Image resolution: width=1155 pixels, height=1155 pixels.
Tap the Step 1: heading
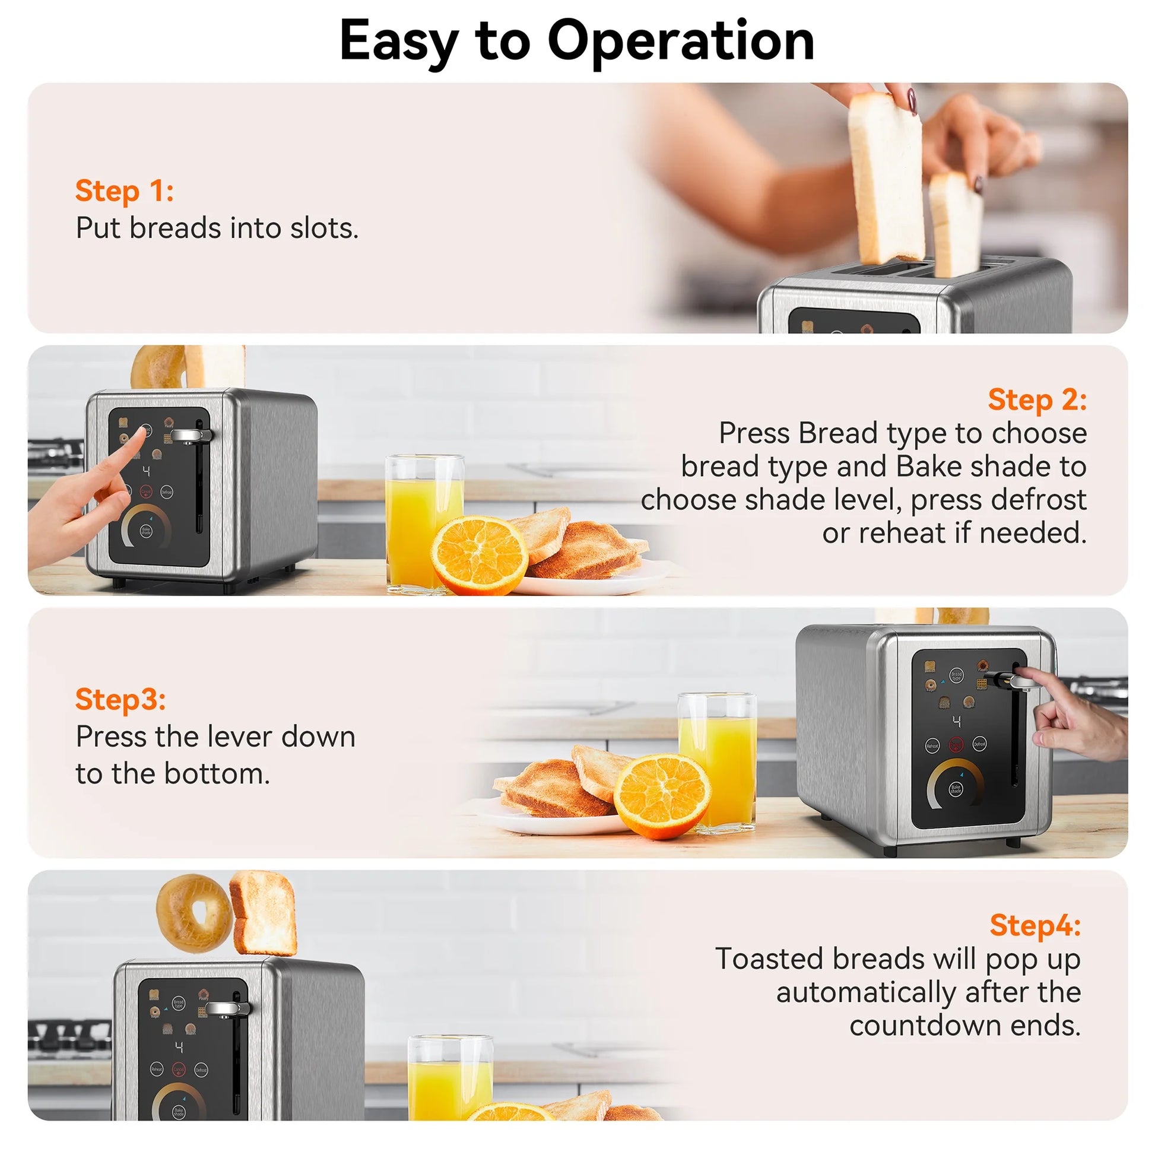click(x=125, y=191)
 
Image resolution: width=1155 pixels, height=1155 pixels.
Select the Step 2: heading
click(x=1037, y=399)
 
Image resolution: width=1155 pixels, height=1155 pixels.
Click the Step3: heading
click(x=120, y=699)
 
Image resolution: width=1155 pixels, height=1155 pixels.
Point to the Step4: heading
click(x=1036, y=925)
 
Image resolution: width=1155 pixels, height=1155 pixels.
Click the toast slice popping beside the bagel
click(x=264, y=913)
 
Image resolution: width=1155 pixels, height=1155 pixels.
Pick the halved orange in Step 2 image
click(x=479, y=555)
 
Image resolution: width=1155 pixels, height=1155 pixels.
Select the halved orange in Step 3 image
click(x=662, y=795)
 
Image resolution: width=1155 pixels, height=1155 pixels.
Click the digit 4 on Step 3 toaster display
click(x=957, y=722)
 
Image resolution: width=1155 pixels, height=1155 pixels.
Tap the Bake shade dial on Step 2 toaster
click(x=146, y=531)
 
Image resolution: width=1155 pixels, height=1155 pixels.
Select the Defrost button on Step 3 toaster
click(x=979, y=744)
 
